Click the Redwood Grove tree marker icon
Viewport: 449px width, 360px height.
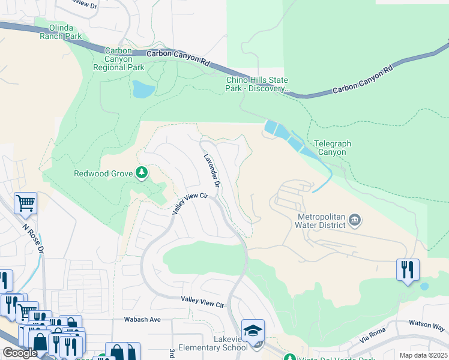coord(142,173)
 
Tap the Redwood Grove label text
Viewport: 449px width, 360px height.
coord(103,174)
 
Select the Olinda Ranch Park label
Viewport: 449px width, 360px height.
coord(61,32)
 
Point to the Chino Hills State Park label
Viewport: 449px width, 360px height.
coord(257,85)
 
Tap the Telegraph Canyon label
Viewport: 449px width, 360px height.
coord(332,148)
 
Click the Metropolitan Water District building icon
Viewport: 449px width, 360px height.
coord(355,220)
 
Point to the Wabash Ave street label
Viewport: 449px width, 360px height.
coord(142,319)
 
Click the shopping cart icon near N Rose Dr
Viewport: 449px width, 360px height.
coord(25,203)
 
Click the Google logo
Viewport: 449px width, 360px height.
coord(20,353)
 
